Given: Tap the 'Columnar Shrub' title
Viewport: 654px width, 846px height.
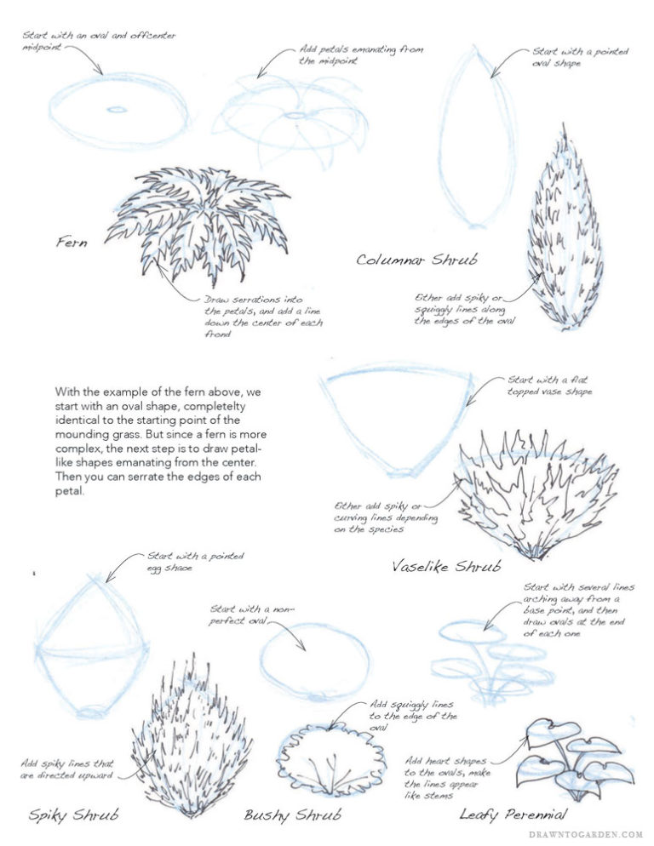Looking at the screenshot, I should [x=416, y=259].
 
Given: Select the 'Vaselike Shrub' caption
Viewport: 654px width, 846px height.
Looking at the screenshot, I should [x=445, y=566].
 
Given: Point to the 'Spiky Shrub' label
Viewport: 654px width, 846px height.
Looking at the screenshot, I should [x=73, y=815].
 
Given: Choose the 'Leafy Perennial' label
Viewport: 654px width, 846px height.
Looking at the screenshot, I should [x=513, y=815].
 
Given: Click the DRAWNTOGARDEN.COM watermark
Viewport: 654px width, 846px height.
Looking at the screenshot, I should [x=583, y=835].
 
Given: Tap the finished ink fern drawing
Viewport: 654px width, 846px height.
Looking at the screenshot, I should [x=196, y=221].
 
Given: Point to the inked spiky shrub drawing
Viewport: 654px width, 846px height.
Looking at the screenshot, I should [x=191, y=736].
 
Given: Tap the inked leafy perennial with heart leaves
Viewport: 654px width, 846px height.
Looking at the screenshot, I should [x=575, y=757].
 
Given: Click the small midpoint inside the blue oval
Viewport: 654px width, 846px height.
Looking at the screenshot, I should [x=114, y=109].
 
